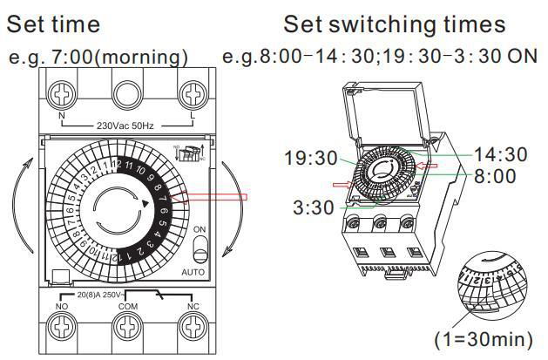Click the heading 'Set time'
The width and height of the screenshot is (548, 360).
coord(53,23)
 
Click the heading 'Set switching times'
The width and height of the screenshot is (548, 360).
coord(394,23)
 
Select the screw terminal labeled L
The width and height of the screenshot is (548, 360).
coord(192,92)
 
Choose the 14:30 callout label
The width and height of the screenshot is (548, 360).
coord(500,154)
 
